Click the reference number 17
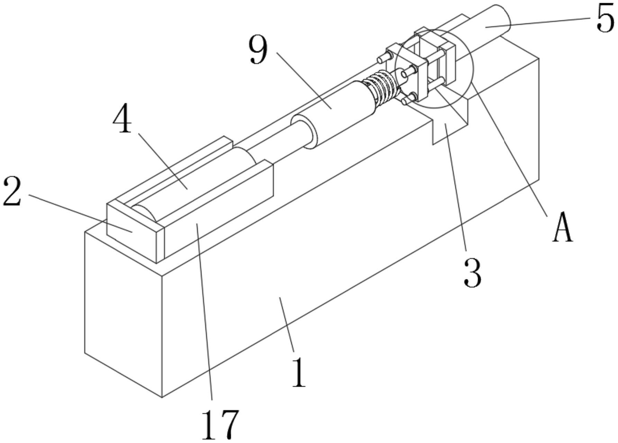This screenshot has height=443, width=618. pyautogui.click(x=220, y=425)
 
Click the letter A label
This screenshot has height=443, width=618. pyautogui.click(x=563, y=229)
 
